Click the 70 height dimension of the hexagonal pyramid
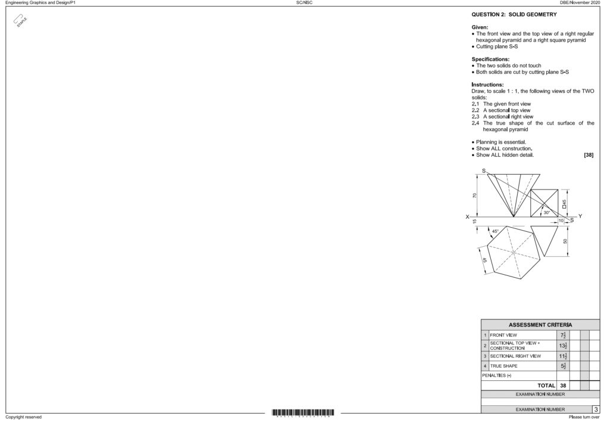[475, 195]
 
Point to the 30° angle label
[546, 212]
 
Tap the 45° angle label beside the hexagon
[496, 231]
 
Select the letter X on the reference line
[468, 216]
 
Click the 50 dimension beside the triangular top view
[565, 241]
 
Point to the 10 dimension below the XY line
[561, 221]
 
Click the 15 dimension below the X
[475, 222]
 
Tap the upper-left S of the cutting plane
[484, 171]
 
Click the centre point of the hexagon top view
[513, 253]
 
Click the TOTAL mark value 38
[563, 386]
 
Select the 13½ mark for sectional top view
[563, 346]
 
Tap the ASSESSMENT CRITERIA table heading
[540, 324]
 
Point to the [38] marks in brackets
[588, 155]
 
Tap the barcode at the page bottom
[303, 412]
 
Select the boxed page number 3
[596, 409]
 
